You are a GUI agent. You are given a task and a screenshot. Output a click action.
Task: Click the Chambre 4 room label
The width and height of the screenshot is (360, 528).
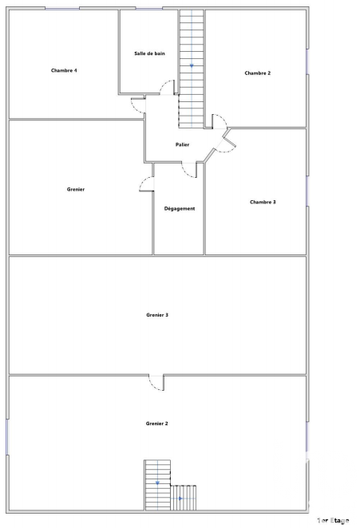64,70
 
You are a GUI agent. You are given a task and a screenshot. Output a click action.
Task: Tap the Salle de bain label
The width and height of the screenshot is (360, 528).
149,53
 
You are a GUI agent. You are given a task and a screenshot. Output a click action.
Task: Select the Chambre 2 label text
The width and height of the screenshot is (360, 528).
258,73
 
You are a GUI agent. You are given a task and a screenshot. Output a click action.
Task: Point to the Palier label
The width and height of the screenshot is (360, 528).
182,145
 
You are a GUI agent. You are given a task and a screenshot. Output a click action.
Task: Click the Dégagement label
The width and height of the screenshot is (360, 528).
180,209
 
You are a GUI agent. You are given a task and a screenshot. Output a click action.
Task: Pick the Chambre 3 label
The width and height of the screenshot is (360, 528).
263,202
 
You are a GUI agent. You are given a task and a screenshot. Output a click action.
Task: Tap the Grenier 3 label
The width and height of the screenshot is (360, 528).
157,315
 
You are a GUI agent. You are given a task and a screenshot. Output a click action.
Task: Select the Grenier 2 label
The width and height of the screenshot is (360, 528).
156,424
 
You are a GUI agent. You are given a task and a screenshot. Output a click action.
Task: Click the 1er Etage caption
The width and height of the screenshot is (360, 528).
333,521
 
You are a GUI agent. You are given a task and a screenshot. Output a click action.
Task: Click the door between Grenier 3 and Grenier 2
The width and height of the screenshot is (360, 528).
157,382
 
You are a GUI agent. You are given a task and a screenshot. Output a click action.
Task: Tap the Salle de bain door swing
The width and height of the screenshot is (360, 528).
168,88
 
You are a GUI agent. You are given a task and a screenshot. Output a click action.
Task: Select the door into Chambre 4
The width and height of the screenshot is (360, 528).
138,105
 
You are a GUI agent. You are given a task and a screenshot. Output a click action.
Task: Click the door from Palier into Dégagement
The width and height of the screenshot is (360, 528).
189,170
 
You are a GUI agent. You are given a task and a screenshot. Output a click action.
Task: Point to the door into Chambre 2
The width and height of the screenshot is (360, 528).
220,121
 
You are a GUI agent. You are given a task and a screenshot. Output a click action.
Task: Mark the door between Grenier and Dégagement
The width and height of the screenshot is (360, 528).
147,184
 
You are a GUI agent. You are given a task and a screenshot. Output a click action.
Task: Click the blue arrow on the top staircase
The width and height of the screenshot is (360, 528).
192,65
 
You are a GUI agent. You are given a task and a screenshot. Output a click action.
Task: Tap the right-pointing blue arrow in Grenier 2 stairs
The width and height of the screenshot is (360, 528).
180,498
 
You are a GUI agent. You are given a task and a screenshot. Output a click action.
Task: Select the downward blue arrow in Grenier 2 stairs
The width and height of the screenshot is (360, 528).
157,483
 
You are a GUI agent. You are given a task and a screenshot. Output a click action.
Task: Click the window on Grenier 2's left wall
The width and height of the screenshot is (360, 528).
7,437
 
